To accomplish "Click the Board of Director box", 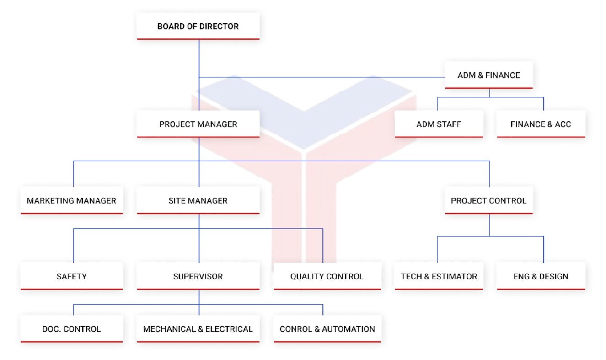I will (198, 26).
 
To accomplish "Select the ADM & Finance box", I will (489, 75).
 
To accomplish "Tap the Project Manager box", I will (198, 124).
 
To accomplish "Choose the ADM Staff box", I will (439, 124).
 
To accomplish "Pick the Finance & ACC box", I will (541, 124).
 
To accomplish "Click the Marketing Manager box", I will (71, 200).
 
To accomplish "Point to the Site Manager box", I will (198, 200).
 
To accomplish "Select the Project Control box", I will (488, 200).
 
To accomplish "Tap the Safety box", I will (71, 276).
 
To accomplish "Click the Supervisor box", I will (198, 276).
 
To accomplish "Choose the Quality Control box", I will (327, 276).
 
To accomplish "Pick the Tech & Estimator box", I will (439, 276).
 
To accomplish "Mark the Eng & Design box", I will (541, 276).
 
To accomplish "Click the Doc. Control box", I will (71, 329).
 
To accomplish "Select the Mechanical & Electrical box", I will (198, 329).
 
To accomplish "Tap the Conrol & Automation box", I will (327, 329).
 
